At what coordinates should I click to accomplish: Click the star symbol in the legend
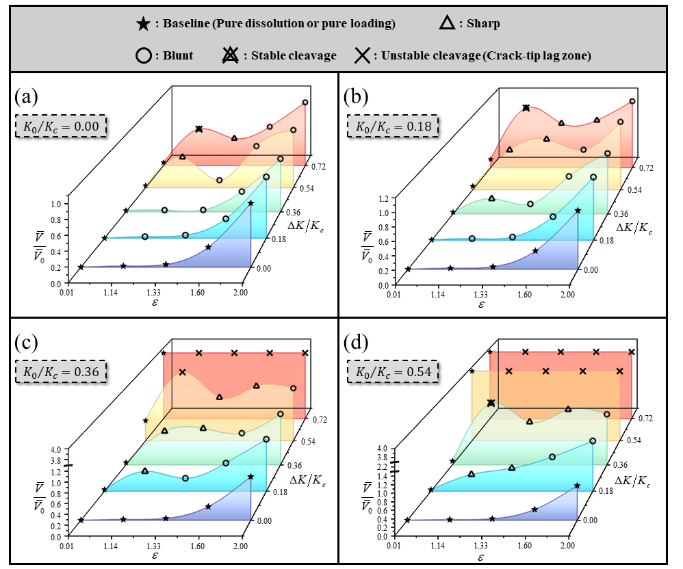143,24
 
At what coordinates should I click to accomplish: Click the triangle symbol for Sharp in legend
446,24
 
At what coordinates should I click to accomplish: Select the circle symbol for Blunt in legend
143,55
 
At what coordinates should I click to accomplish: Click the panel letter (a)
27,95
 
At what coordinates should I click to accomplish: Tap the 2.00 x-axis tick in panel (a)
241,293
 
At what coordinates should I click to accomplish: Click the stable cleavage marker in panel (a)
199,129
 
